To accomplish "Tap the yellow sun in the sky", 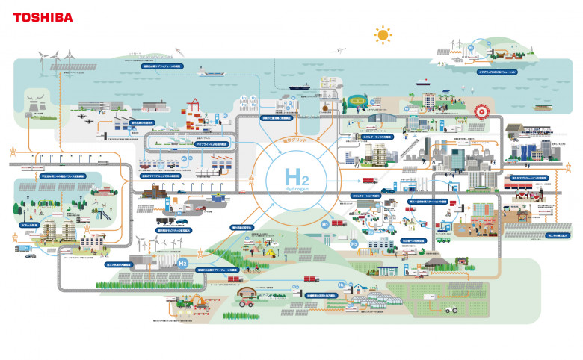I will [383, 34].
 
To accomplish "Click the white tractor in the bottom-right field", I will [451, 308].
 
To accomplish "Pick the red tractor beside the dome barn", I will [244, 302].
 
